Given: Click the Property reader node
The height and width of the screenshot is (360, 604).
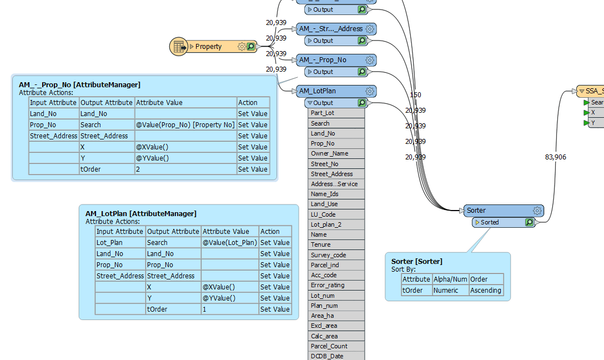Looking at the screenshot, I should (x=208, y=47).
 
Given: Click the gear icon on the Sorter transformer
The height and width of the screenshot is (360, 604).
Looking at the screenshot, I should (x=537, y=211).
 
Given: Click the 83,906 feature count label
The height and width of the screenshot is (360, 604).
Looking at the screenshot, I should (x=555, y=157).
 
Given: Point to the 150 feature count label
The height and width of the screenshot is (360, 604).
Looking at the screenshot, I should (x=415, y=95).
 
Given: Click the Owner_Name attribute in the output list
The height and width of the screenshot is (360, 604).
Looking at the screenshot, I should (x=329, y=153).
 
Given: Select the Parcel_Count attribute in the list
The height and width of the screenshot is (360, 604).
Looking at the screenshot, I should (x=329, y=346).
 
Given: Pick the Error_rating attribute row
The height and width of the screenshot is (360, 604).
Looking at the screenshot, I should (x=328, y=285).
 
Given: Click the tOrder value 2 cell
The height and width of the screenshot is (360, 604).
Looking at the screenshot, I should (x=185, y=169).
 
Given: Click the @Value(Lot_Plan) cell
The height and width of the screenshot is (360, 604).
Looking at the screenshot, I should (x=229, y=243).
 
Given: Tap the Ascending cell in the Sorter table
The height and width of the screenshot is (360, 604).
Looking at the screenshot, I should (x=486, y=291).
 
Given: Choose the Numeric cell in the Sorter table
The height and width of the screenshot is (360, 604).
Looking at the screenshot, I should (x=450, y=291).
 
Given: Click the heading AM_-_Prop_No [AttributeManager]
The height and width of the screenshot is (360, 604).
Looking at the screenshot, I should (x=79, y=84).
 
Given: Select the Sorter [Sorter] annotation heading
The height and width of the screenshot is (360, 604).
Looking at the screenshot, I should (x=417, y=261).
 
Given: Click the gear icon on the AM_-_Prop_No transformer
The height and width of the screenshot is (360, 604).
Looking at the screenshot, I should (x=370, y=60).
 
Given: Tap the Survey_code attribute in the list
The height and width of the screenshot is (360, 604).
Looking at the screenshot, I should (x=328, y=255).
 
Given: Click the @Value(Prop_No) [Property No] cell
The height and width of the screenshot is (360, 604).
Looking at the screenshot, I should (x=185, y=125).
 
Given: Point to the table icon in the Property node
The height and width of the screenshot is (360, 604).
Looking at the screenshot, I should (x=179, y=47).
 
